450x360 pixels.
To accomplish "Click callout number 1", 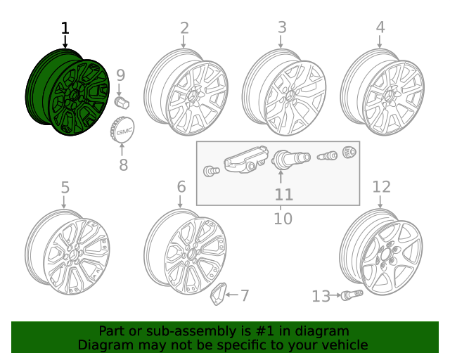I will coord(65,29).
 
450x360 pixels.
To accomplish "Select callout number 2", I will coord(184,28).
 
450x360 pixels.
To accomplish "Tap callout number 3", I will coord(282,28).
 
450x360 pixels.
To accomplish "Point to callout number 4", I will coord(380,28).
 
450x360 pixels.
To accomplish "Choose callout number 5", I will coord(65,188).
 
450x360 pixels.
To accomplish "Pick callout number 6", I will coord(181,187).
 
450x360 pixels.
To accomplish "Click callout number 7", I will coord(244,296).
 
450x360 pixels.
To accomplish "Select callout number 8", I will coord(123,165).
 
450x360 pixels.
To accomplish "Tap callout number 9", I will coord(120,75).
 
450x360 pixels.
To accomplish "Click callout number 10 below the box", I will coord(283,219).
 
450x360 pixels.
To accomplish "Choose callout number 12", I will coord(381,186).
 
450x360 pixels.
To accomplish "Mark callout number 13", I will coord(321,297).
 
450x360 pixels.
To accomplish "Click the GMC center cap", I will coord(123,131).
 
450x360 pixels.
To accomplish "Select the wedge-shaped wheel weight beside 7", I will coord(219,295).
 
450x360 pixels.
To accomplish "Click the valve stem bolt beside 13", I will coord(351,295).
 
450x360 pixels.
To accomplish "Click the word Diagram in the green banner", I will coord(103,345).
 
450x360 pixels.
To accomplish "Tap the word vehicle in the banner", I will coord(343,345).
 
